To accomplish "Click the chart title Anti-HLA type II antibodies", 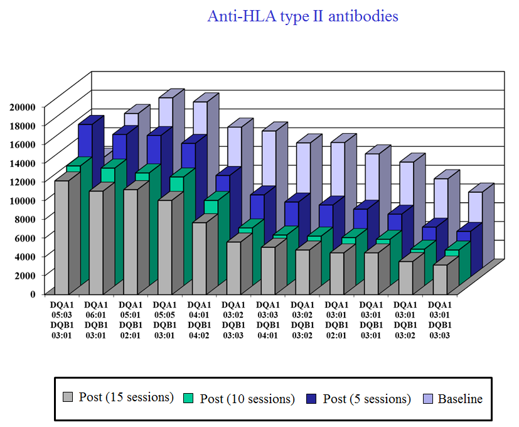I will click(x=302, y=16).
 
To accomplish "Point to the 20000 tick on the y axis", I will click(x=22, y=107).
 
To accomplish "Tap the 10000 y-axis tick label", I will click(x=22, y=200).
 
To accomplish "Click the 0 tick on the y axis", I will click(x=33, y=293).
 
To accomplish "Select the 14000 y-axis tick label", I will click(x=22, y=163).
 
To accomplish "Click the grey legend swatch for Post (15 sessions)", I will click(x=68, y=397).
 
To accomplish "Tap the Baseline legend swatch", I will click(x=427, y=398).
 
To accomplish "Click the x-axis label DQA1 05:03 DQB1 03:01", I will click(x=62, y=320).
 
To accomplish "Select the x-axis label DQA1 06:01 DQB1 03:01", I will click(x=96, y=320).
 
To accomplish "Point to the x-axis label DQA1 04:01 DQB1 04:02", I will click(x=199, y=320).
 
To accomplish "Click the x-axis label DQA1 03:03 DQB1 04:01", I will click(x=268, y=320).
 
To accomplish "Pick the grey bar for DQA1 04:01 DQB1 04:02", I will click(x=199, y=258).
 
